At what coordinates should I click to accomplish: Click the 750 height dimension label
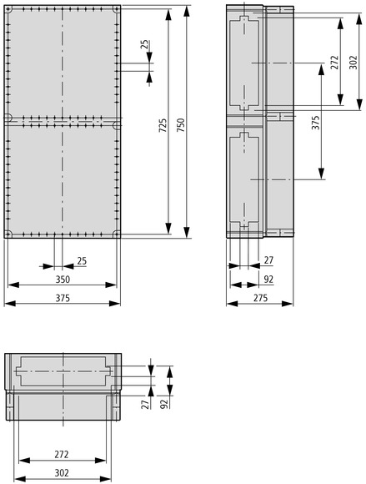coord(181,125)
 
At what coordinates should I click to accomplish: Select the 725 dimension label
coord(163,125)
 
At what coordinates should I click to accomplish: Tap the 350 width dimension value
coord(63,280)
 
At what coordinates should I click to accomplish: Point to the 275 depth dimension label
coord(261,298)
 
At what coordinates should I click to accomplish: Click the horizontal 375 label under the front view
coord(63,298)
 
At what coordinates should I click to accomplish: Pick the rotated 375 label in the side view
coord(315,123)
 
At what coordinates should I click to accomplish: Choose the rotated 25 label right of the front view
coord(144,45)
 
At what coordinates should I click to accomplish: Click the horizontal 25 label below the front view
coord(82,261)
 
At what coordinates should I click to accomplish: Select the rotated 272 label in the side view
coord(334,62)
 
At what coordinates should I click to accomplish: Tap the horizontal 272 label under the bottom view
coord(62,454)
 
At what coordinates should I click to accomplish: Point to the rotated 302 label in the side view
coord(353,62)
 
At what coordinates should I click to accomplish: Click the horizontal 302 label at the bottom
coord(62,473)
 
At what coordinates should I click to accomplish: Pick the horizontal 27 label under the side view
coord(268,260)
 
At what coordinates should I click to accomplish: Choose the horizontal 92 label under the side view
coord(268,280)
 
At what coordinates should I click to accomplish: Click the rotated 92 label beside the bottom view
coord(164,404)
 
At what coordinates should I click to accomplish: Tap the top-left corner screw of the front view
coord(8,9)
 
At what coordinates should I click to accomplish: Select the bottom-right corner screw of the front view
coord(117,234)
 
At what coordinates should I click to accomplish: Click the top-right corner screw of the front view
coord(117,9)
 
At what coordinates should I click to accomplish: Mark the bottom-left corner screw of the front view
coord(8,234)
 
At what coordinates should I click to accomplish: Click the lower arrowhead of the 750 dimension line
coord(187,233)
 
